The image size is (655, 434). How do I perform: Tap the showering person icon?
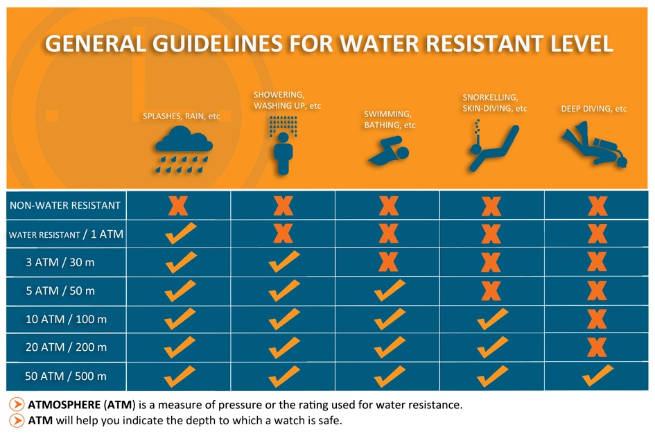[283, 146]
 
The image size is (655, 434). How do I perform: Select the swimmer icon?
[388, 152]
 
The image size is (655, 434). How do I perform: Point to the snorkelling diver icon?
[493, 146]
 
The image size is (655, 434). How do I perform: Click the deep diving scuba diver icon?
[594, 144]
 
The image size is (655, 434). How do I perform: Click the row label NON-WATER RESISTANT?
[65, 205]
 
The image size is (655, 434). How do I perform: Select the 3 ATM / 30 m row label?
[60, 262]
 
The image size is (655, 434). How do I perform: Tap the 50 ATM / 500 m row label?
[66, 376]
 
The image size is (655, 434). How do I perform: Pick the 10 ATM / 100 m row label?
[66, 319]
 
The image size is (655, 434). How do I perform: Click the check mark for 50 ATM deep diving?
[597, 375]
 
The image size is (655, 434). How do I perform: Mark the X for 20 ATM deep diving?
[597, 347]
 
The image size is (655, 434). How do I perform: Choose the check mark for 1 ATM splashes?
[180, 233]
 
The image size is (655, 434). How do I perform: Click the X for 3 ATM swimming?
[388, 262]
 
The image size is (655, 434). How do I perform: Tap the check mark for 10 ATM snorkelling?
[493, 319]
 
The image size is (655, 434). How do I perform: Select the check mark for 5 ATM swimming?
[390, 290]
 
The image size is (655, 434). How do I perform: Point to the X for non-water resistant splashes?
[178, 205]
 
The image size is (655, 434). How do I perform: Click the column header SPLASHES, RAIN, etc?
[182, 116]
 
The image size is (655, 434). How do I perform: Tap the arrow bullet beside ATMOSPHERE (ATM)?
[17, 404]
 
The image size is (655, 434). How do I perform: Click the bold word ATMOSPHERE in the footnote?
[64, 405]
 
